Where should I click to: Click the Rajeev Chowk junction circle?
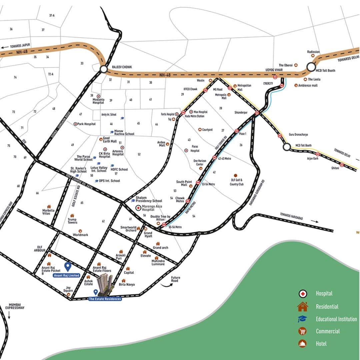coord(103,69)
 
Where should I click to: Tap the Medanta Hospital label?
coord(98,101)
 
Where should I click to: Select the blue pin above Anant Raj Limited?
coord(68,267)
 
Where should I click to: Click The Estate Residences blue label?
coord(105,299)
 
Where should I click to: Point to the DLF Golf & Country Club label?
coord(236,182)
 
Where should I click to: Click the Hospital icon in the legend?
coord(303,294)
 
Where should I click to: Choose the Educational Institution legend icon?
coord(303,319)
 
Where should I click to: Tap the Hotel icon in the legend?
coord(303,344)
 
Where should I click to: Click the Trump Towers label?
coord(72,221)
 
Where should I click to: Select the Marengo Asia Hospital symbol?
coord(138,208)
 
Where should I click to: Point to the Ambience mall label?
coord(308,86)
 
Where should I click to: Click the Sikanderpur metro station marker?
coord(257,113)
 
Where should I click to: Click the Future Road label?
coord(175,279)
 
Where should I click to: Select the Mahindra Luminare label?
coord(158,262)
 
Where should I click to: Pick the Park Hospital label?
coord(86,124)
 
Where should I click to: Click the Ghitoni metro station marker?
coord(342,165)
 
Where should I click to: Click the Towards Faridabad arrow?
coord(314,221)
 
